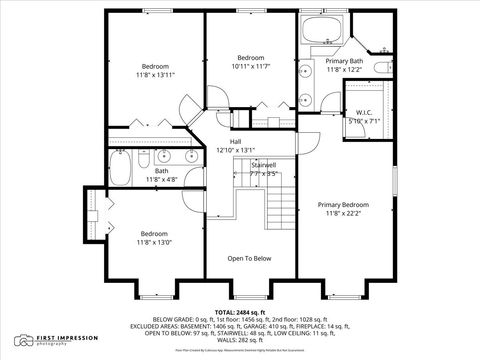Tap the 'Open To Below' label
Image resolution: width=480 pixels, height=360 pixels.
pyautogui.click(x=249, y=258)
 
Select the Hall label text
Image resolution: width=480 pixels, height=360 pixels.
pyautogui.click(x=236, y=141)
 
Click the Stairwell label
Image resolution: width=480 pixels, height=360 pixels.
pyautogui.click(x=263, y=164)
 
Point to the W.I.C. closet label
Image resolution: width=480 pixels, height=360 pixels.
pyautogui.click(x=364, y=112)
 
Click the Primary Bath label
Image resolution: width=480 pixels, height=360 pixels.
pyautogui.click(x=343, y=61)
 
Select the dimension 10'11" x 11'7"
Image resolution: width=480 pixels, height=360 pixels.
pyautogui.click(x=251, y=67)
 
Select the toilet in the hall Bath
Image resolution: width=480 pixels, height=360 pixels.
pyautogui.click(x=144, y=160)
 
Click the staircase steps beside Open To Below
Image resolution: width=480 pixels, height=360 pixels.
pyautogui.click(x=282, y=210)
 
